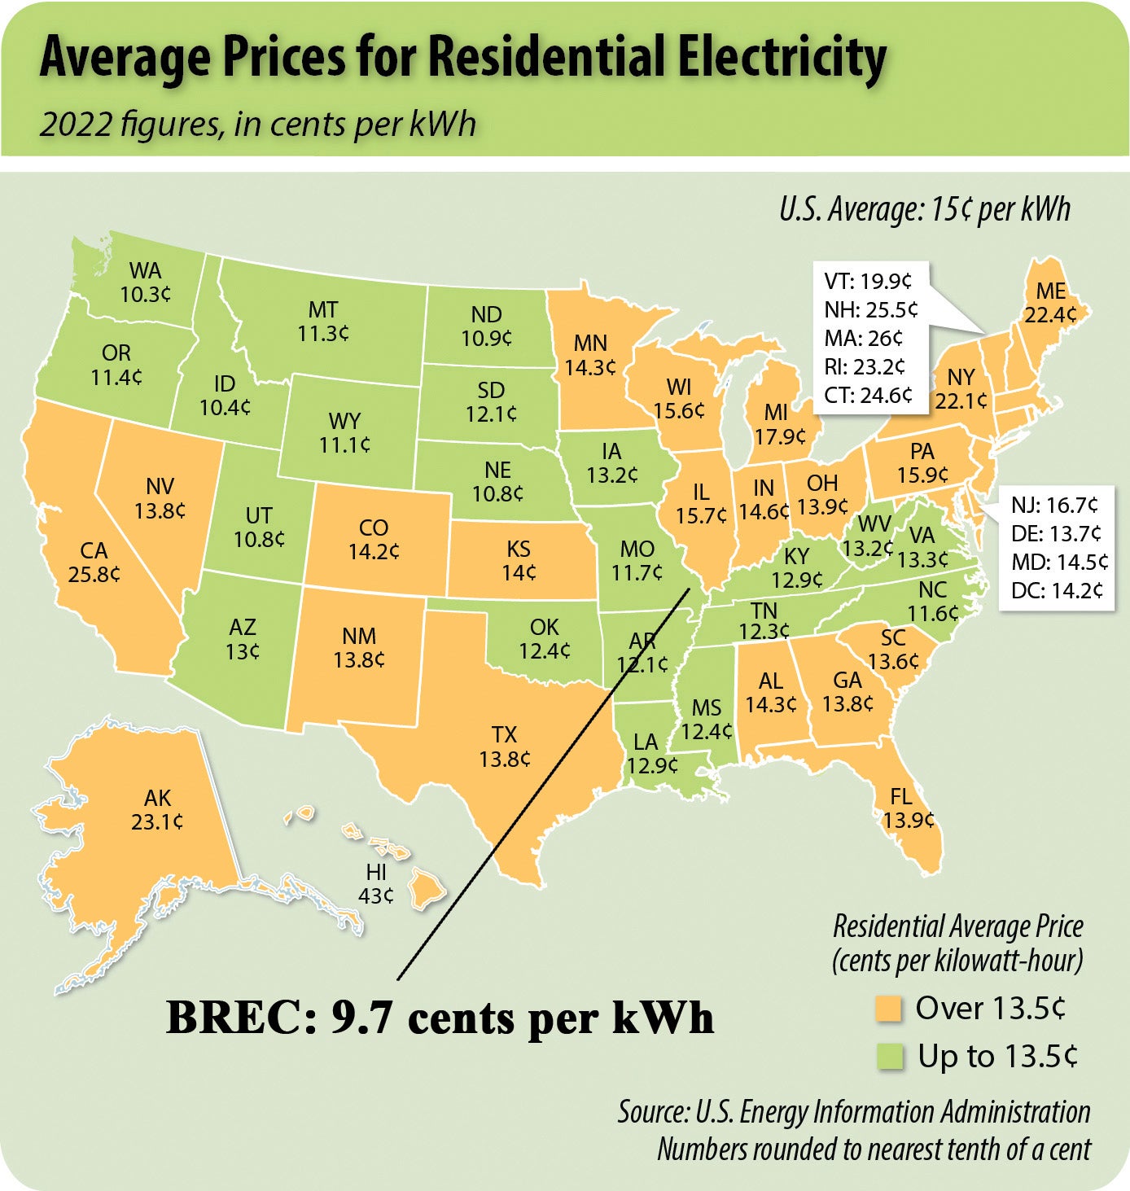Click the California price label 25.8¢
pos(94,574)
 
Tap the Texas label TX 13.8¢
pos(505,747)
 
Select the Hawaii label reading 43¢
pos(376,895)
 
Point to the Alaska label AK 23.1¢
pos(157,810)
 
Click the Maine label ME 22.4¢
pos(1050,303)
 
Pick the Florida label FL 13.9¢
pos(908,808)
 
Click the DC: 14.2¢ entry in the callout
pos(1057,590)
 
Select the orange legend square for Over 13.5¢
pos(889,1009)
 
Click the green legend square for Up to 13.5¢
pos(889,1057)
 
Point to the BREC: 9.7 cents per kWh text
pos(440,1018)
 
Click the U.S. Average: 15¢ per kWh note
pos(924,210)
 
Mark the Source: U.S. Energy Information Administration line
pos(853,1112)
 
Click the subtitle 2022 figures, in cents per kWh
pos(257,125)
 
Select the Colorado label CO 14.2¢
pos(374,540)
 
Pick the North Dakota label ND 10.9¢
pos(486,326)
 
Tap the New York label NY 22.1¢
pos(961,389)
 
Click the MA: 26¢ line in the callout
pos(863,339)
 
